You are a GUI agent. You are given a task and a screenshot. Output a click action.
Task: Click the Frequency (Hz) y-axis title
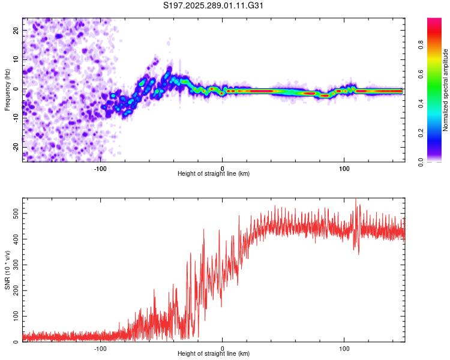point(7,90)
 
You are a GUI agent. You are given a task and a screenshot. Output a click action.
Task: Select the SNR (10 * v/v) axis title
point(7,270)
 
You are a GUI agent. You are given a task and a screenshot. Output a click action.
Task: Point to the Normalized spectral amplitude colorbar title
point(446,90)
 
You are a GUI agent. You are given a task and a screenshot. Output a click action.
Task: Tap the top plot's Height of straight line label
point(214,173)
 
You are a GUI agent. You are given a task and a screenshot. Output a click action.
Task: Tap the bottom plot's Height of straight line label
point(214,353)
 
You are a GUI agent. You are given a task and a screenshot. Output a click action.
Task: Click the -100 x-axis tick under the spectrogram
point(100,167)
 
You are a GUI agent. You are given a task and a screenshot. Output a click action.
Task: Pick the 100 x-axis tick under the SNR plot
point(344,347)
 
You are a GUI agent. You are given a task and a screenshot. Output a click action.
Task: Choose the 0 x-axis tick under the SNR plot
point(223,347)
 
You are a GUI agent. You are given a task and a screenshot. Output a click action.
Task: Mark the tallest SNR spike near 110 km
point(356,200)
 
